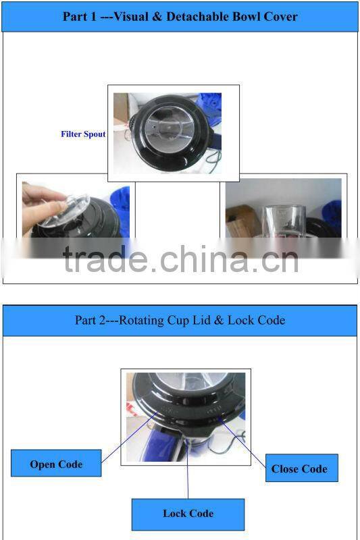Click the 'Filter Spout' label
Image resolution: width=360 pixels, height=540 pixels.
coord(83,134)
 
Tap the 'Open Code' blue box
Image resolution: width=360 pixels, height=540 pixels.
coord(56,464)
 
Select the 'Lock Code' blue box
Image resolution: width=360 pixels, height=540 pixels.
coord(188,514)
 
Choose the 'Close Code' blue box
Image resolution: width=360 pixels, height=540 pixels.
coord(299,468)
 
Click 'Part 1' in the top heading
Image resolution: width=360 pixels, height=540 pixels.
coord(78,17)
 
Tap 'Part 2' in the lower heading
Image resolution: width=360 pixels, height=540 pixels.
coord(90,321)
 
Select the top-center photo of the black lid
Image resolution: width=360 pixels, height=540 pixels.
coord(174,133)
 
